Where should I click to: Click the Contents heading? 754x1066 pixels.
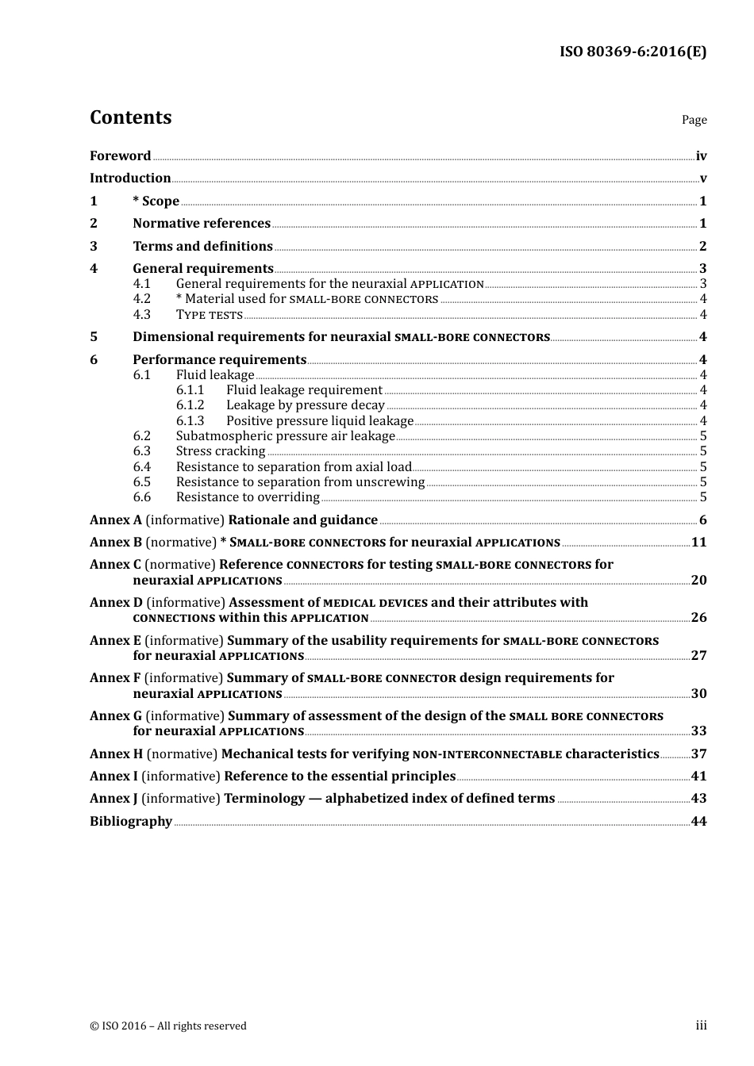tap(130, 117)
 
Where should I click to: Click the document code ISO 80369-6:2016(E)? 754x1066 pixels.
tap(633, 52)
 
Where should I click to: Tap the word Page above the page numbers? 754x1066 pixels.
tap(694, 120)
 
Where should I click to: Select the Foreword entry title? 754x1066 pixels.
tap(120, 156)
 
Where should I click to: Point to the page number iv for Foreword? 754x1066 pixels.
tap(701, 156)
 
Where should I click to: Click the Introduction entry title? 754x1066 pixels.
tap(130, 178)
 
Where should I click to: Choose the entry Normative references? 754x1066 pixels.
tap(202, 224)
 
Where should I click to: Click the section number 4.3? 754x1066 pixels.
tap(141, 315)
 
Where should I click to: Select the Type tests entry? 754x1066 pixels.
tap(210, 315)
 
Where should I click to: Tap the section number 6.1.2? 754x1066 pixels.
tap(190, 405)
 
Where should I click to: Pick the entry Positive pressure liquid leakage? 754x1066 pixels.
tap(320, 421)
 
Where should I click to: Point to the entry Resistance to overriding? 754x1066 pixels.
tap(248, 497)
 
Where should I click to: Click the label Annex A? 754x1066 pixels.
tap(116, 520)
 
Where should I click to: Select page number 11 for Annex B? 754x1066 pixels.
tap(698, 543)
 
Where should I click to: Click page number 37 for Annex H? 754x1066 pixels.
tap(698, 754)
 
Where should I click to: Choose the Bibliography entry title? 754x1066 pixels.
tap(131, 822)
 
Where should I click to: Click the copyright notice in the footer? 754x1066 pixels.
tap(168, 1026)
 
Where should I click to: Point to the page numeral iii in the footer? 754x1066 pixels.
tap(701, 1026)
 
